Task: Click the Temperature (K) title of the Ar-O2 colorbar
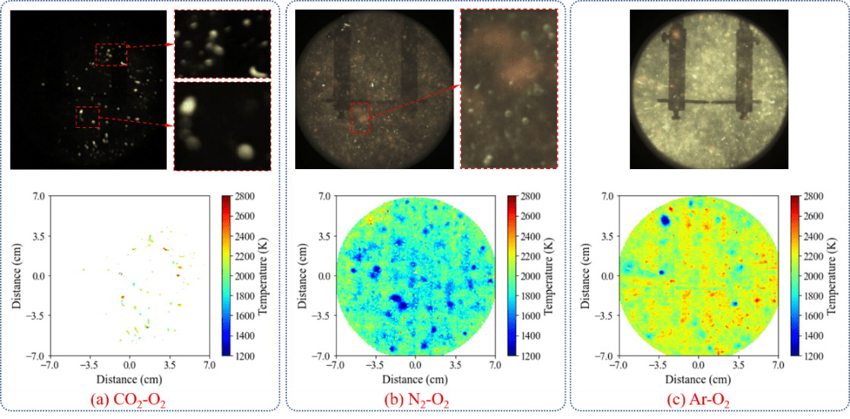[839, 276]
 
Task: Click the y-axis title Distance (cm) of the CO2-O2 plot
[17, 276]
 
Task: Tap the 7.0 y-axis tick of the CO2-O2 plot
[39, 197]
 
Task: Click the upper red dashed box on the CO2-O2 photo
[111, 54]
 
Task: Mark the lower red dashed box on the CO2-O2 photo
[88, 117]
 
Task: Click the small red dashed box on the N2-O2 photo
[360, 118]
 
